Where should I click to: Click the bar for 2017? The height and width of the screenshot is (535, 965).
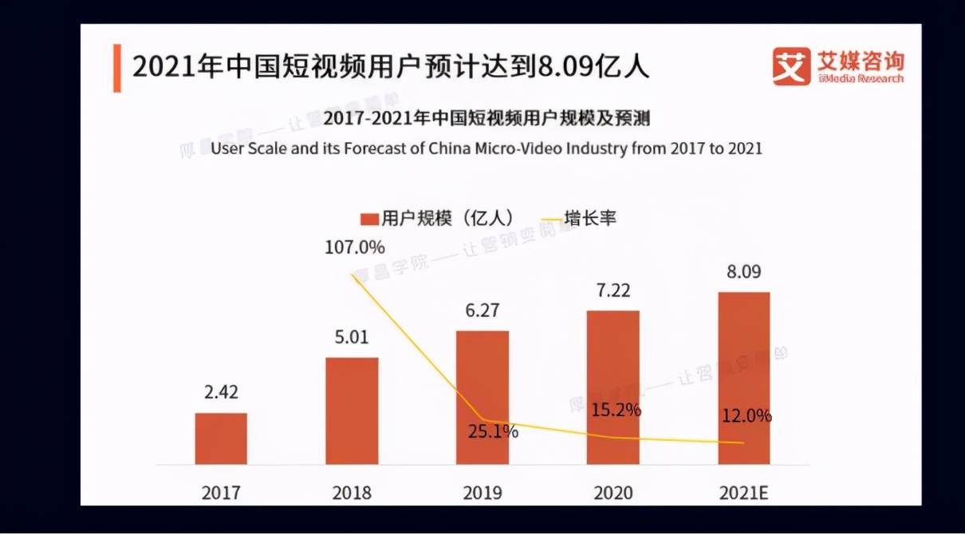(x=221, y=438)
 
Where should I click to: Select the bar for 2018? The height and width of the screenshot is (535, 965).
(x=352, y=410)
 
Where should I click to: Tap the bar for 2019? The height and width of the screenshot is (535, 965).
(x=482, y=397)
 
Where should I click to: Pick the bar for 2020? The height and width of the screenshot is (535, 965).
(x=613, y=387)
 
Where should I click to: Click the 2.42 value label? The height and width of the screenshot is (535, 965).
(x=221, y=393)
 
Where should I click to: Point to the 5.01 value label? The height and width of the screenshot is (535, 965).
(x=352, y=337)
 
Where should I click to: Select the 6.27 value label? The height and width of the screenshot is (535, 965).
(x=482, y=310)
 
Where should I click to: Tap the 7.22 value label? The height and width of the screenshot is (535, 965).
(x=613, y=290)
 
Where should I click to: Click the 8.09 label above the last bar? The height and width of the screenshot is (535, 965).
(x=744, y=271)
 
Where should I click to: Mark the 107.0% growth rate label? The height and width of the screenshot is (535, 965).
(x=354, y=247)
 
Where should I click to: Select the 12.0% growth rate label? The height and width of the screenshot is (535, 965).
(x=746, y=416)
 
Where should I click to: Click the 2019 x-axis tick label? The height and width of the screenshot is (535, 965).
(x=482, y=493)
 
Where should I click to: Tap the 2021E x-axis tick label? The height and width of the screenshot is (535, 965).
(x=744, y=493)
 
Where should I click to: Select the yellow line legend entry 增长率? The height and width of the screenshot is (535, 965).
(x=579, y=218)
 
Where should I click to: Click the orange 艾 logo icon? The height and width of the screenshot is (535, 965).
(x=791, y=66)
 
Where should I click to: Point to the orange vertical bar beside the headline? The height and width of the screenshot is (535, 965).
(x=117, y=67)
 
